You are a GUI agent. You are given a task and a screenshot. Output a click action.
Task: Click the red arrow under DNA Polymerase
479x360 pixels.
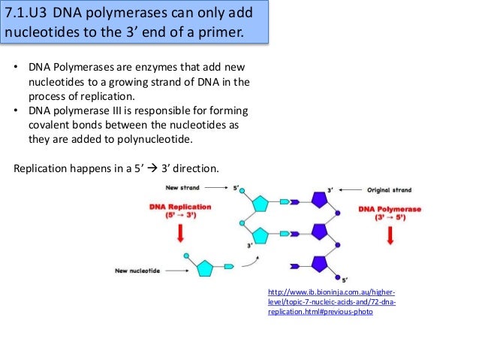point(390,235)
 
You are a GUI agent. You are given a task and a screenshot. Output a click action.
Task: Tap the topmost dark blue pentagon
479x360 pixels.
point(318,200)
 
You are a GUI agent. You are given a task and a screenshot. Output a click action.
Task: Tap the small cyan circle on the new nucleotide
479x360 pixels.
point(185,256)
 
